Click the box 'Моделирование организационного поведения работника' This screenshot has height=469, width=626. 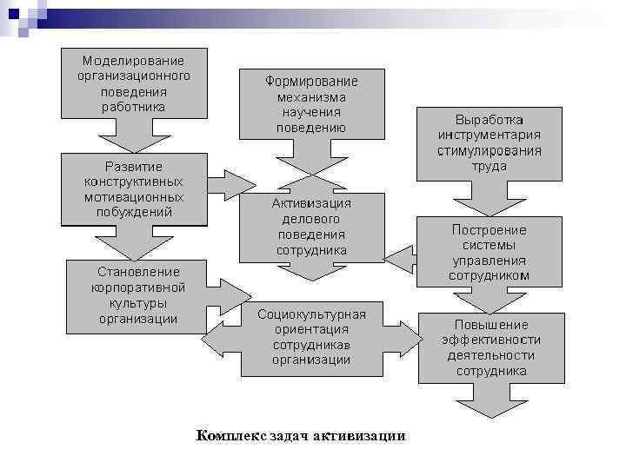tap(133, 83)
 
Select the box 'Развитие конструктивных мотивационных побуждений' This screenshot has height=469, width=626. tap(133, 188)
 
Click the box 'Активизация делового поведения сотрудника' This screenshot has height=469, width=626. tap(311, 226)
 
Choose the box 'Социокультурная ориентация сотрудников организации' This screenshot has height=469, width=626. tap(311, 338)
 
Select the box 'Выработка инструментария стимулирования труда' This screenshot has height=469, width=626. tap(489, 142)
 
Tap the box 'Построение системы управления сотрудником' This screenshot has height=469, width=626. tap(489, 252)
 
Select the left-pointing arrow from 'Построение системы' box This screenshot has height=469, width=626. tap(401, 258)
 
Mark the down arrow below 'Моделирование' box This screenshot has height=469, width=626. tap(133, 135)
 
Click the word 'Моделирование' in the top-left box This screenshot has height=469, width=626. tap(133, 61)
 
